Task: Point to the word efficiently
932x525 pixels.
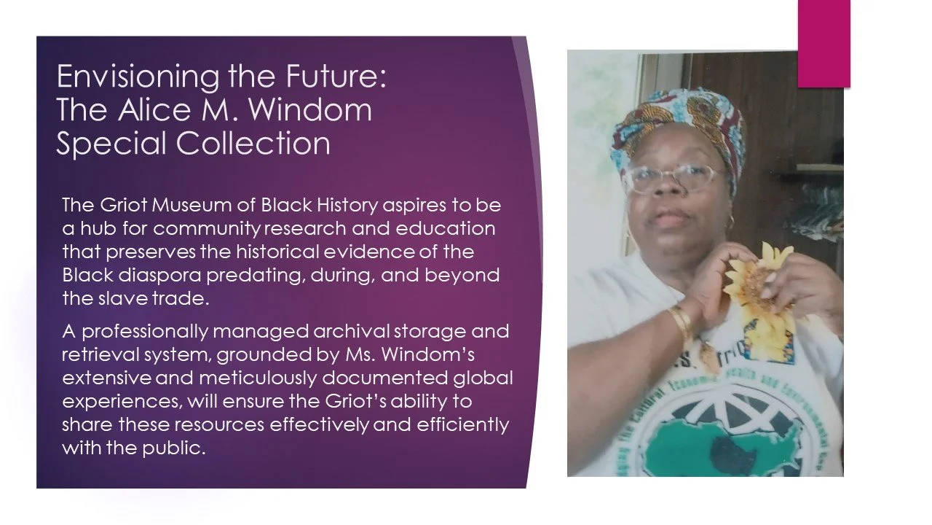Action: [x=458, y=425]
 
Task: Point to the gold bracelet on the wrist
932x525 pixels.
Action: [x=681, y=321]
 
